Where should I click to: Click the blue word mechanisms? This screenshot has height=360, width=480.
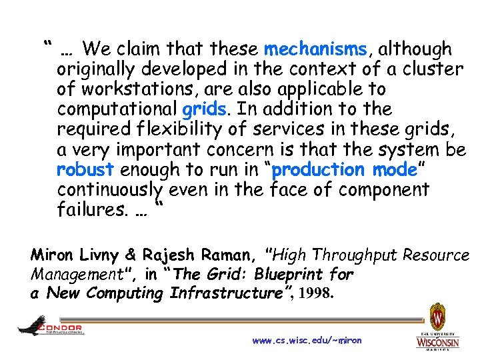tap(315, 49)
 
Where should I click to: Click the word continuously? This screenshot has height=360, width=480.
tap(111, 190)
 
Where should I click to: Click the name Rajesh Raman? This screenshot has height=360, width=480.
tap(184, 255)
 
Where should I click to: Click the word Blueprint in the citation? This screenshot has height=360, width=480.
tap(279, 274)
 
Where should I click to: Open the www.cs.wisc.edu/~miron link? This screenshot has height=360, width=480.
tap(307, 340)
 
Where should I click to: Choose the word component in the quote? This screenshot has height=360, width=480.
tap(383, 190)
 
